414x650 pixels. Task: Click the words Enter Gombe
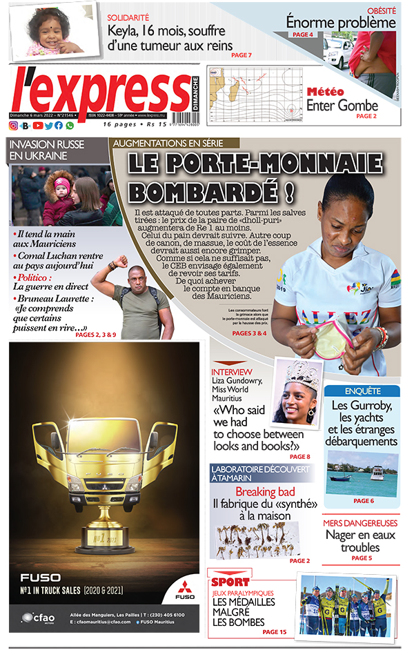pos(342,106)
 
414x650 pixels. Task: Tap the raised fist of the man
pos(121,262)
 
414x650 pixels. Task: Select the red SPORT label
pos(232,581)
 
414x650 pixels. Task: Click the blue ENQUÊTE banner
pos(362,391)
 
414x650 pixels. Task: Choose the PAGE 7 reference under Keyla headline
pos(241,55)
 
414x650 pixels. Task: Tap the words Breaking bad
pos(266,492)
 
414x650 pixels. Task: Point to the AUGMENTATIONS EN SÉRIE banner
pos(175,143)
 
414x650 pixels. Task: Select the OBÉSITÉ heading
pos(382,10)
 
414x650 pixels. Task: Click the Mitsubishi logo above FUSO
pos(185,587)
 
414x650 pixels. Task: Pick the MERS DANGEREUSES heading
pos(361,524)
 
